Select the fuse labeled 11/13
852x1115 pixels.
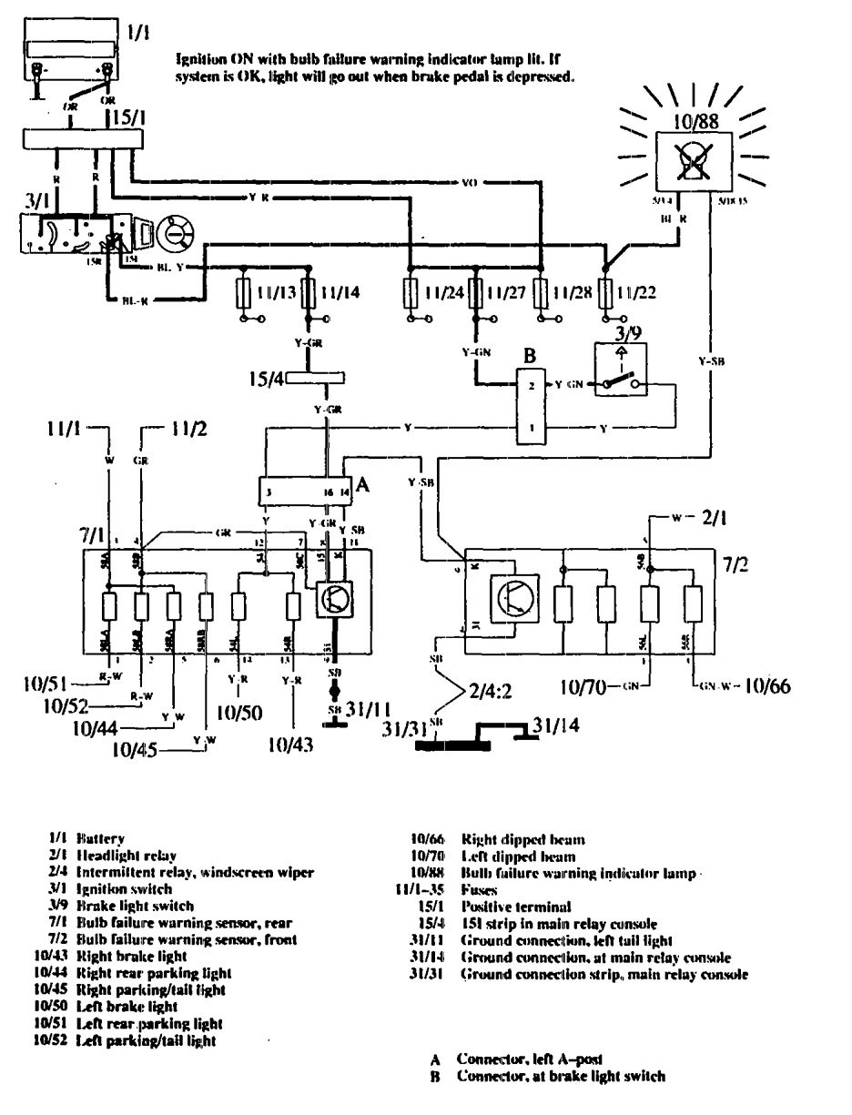tap(245, 293)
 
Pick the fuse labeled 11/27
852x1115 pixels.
tap(474, 293)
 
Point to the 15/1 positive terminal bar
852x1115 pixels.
tap(83, 138)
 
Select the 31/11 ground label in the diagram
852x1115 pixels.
tap(369, 708)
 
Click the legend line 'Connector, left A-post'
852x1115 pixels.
tap(529, 1059)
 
